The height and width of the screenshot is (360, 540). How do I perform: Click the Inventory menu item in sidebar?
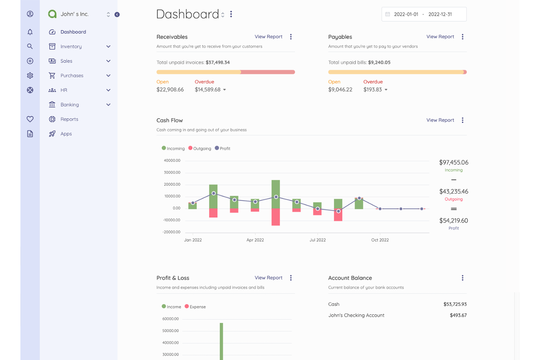(x=71, y=47)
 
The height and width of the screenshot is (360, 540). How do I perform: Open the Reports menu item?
(x=69, y=119)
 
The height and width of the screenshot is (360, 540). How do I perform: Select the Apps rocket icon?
(x=52, y=134)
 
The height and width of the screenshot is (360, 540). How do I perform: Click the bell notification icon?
(x=30, y=32)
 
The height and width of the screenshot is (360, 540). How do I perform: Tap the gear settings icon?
(x=30, y=76)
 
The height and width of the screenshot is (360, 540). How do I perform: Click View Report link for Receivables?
(x=268, y=37)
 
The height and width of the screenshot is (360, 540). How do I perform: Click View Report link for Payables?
(x=440, y=37)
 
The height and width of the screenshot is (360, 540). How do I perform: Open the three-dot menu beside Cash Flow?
(x=462, y=120)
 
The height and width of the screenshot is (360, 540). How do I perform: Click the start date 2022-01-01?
(x=406, y=15)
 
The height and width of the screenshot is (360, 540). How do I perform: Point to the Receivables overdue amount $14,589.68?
(x=207, y=90)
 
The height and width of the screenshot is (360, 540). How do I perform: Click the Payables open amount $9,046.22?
(x=340, y=90)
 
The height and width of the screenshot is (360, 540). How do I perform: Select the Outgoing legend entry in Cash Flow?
(x=200, y=148)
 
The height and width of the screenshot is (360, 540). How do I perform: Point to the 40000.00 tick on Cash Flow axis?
(x=172, y=160)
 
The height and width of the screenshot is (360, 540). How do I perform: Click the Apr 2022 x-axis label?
(x=255, y=240)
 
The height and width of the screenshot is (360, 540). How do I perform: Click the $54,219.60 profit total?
(x=453, y=221)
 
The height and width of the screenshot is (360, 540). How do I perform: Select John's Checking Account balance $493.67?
(x=458, y=316)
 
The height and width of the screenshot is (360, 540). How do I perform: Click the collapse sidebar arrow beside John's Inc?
(x=117, y=15)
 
